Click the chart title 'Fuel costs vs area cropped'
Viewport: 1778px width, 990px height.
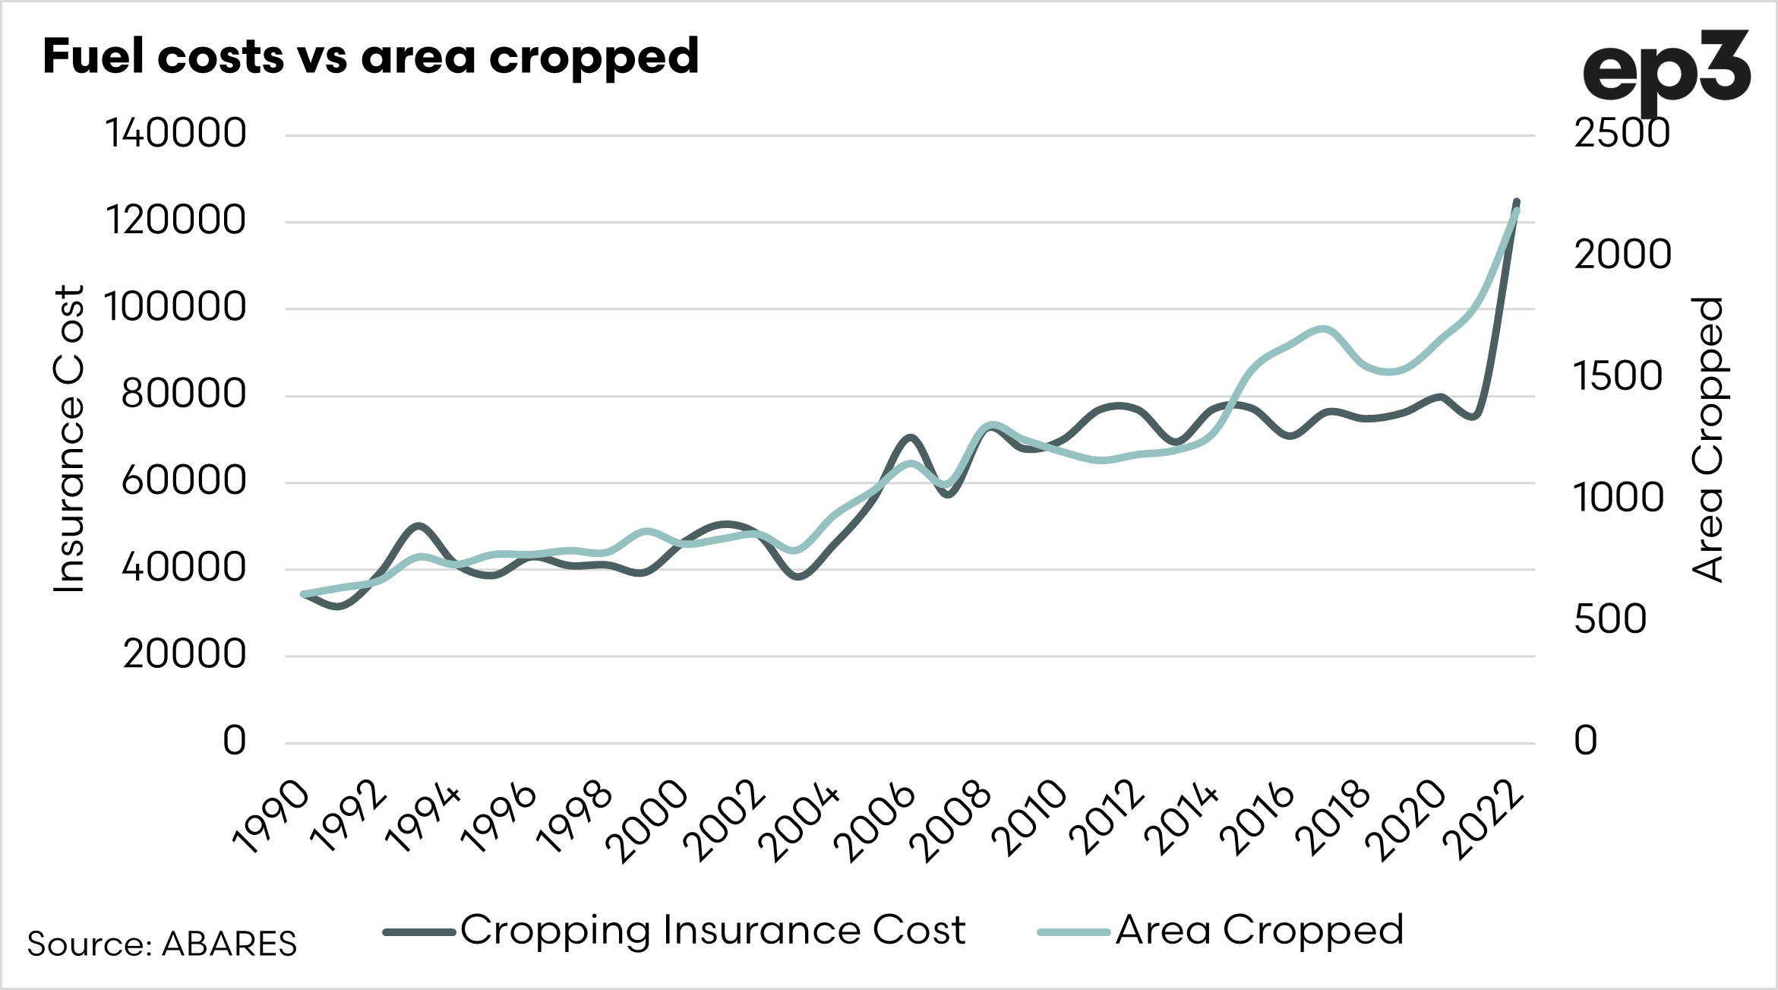[x=371, y=57]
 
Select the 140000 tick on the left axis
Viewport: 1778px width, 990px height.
[x=175, y=134]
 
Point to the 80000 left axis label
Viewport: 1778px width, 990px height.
[x=184, y=394]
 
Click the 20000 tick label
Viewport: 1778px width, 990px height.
[x=185, y=654]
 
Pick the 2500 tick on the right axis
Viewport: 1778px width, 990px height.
[x=1622, y=134]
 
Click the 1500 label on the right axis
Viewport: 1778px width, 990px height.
[x=1619, y=377]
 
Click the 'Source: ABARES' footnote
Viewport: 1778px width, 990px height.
[x=162, y=944]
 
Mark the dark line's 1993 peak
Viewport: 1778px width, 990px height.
[x=418, y=526]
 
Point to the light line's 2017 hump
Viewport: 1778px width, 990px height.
[x=1323, y=329]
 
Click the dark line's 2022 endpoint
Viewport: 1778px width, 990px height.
[x=1517, y=202]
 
